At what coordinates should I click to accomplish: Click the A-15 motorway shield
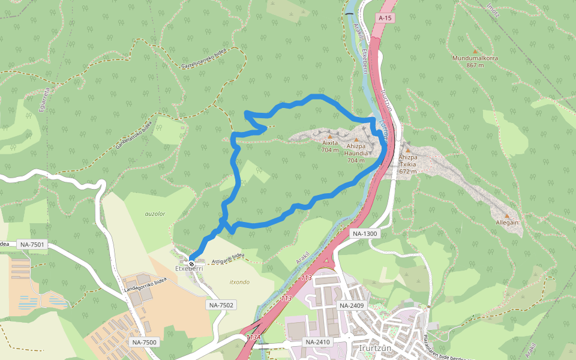(385, 19)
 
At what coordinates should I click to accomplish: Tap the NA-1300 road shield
(365, 233)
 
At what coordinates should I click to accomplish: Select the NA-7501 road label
(32, 244)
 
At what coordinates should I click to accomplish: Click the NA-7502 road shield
(221, 305)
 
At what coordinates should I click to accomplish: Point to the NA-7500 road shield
(145, 342)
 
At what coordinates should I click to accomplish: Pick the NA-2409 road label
(352, 306)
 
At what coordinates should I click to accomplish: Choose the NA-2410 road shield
(319, 342)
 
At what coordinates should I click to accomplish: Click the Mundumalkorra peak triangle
(475, 52)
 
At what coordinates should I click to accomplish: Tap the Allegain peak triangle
(507, 216)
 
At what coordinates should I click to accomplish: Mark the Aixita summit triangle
(329, 137)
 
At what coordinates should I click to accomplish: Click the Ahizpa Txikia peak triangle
(408, 151)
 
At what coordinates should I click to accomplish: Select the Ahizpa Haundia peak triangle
(356, 140)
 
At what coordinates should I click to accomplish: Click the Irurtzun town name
(375, 348)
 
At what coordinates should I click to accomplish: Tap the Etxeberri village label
(189, 268)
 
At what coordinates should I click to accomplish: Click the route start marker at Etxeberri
(191, 263)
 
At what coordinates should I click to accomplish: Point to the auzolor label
(155, 213)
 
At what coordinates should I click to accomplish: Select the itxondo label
(239, 281)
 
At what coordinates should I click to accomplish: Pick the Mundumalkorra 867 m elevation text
(475, 65)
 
